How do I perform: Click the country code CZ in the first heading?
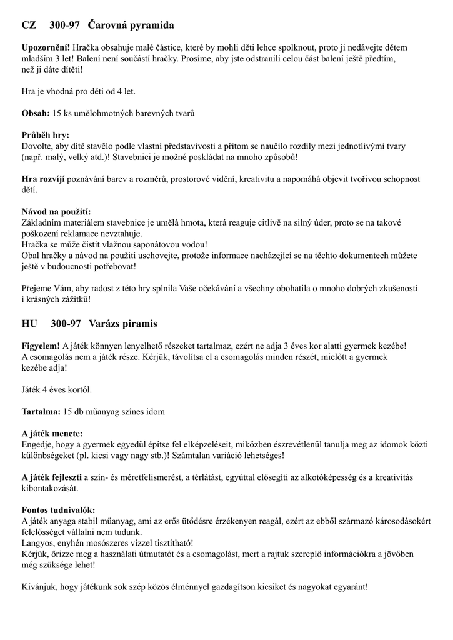coord(29,26)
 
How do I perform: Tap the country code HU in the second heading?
coord(30,324)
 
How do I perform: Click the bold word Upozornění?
coord(46,47)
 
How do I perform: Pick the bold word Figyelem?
coord(41,346)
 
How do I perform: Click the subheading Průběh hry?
coord(46,135)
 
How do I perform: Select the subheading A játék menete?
coord(52,433)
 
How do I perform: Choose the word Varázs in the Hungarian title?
coord(106,324)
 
